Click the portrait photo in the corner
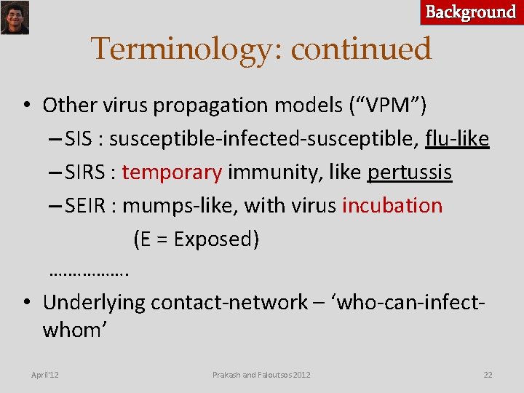pos(15,17)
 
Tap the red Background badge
pos(471,12)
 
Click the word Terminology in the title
pos(187,49)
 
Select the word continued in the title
pos(361,49)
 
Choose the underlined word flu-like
pos(457,139)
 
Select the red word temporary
pos(172,172)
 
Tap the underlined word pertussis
pos(410,172)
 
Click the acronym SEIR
pos(89,206)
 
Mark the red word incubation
pos(392,206)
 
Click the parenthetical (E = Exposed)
pos(196,239)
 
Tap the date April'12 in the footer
pos(45,375)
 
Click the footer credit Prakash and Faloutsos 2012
pos(261,375)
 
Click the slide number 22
pos(488,375)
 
